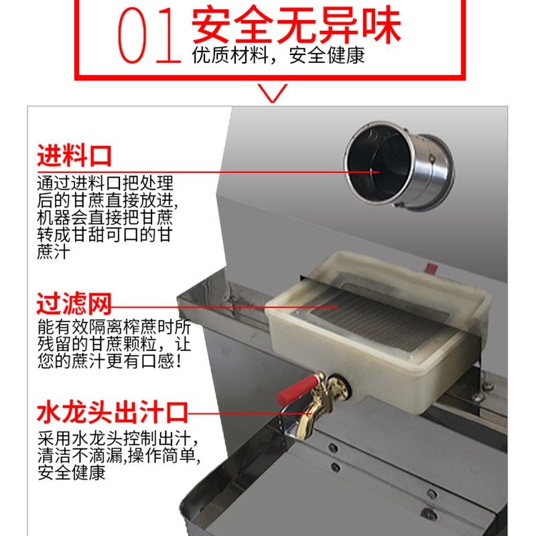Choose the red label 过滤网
coord(74,304)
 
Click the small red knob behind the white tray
coord(430,269)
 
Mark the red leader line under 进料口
coord(201,172)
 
